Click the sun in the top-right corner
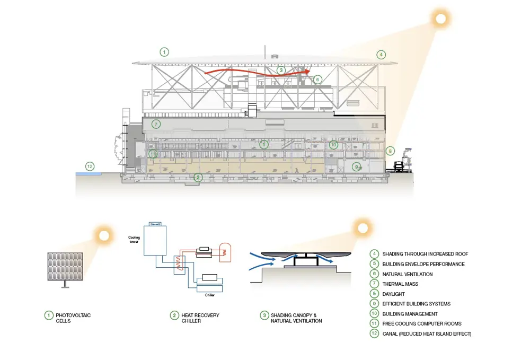(440, 20)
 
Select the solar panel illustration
(66, 266)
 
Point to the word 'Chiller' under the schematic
(210, 295)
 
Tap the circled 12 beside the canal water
(90, 166)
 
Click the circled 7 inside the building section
(156, 124)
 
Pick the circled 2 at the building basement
(198, 178)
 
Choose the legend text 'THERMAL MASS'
(400, 284)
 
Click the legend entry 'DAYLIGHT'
(393, 294)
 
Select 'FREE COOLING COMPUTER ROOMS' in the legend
(422, 323)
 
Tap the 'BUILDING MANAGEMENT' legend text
(411, 314)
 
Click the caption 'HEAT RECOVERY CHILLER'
(200, 318)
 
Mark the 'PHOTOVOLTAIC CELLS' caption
(73, 318)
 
